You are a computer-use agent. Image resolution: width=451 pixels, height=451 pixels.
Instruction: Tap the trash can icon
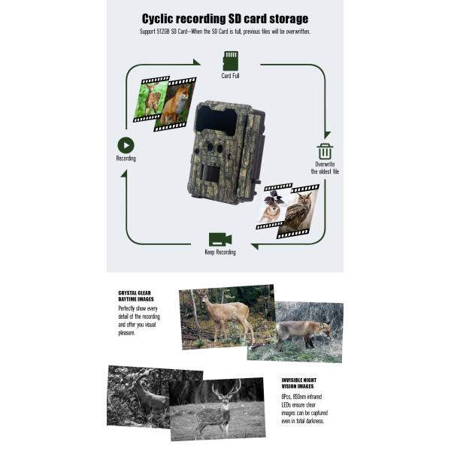coord(325,151)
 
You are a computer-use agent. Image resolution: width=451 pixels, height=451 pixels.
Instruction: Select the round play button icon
coord(126,146)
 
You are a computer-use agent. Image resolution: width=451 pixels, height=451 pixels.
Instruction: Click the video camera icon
coord(219,239)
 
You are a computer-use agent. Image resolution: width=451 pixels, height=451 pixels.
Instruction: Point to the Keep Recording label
coord(220,253)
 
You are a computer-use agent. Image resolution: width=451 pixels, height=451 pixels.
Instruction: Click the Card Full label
coord(230,76)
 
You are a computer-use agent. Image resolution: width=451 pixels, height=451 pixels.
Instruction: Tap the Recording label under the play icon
coord(126,159)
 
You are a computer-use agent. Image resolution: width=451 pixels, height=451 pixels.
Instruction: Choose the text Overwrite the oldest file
coord(326,168)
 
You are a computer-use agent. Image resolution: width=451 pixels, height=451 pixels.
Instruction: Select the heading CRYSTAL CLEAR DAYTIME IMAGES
coord(135,296)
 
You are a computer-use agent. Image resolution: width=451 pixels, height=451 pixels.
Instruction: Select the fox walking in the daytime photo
coord(303,331)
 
